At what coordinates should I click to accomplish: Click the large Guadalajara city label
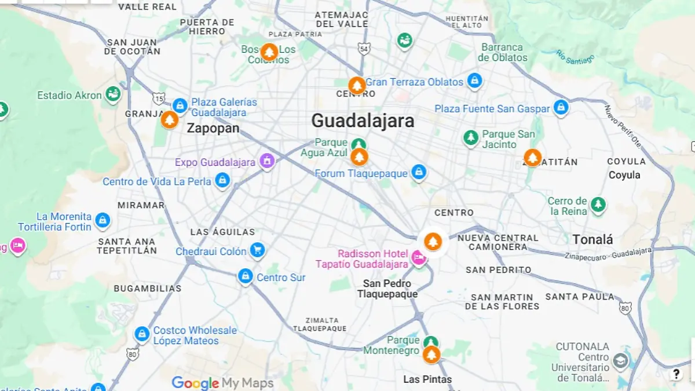coord(363,120)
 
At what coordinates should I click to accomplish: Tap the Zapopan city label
coord(213,128)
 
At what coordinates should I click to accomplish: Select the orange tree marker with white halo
coord(432,242)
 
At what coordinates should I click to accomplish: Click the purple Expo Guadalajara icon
coord(267,161)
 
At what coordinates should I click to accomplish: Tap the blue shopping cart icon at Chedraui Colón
coord(257,250)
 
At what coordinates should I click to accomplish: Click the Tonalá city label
coord(592,239)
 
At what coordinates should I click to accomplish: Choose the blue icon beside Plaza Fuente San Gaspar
coord(561,107)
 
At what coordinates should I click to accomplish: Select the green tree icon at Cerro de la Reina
coord(598,204)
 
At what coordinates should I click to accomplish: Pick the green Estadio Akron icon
coord(113,94)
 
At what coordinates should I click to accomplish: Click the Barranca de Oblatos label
coord(502,52)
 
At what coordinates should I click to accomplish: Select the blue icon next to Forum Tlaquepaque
coord(419,172)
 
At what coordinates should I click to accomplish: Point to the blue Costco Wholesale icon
coord(142,334)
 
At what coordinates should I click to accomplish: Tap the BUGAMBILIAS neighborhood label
coord(147,288)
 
